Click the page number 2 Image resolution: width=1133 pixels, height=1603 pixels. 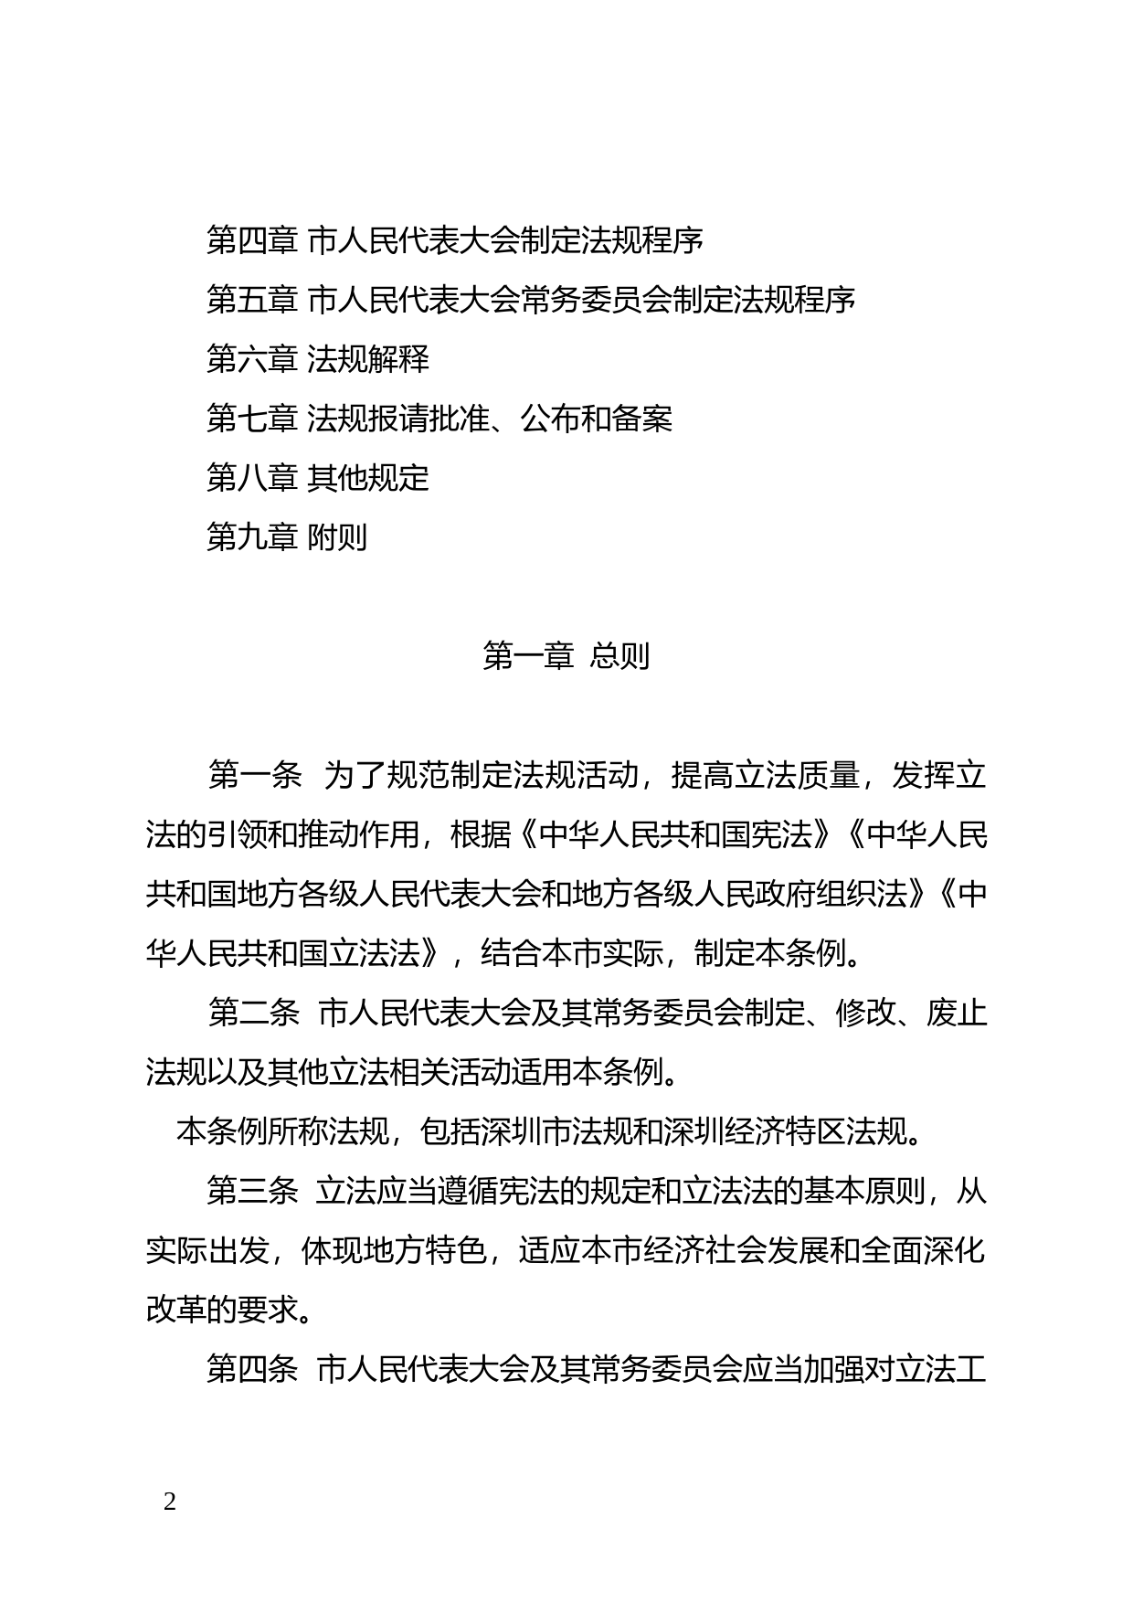pyautogui.click(x=169, y=1501)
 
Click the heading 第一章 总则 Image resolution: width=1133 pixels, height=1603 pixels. pyautogui.click(x=566, y=656)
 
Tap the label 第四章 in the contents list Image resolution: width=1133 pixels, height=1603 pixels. pyautogui.click(x=252, y=240)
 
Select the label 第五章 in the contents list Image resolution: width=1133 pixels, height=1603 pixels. pyautogui.click(x=252, y=300)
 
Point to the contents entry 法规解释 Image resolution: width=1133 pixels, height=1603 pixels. pyautogui.click(x=368, y=359)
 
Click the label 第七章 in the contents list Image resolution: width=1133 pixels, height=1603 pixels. pyautogui.click(x=252, y=419)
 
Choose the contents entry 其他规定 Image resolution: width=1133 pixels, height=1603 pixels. pyautogui.click(x=368, y=478)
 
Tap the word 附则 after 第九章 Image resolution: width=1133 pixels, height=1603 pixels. pyautogui.click(x=337, y=537)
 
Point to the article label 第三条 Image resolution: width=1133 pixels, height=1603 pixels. pyautogui.click(x=252, y=1192)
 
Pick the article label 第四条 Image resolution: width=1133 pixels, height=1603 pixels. pyautogui.click(x=252, y=1370)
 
